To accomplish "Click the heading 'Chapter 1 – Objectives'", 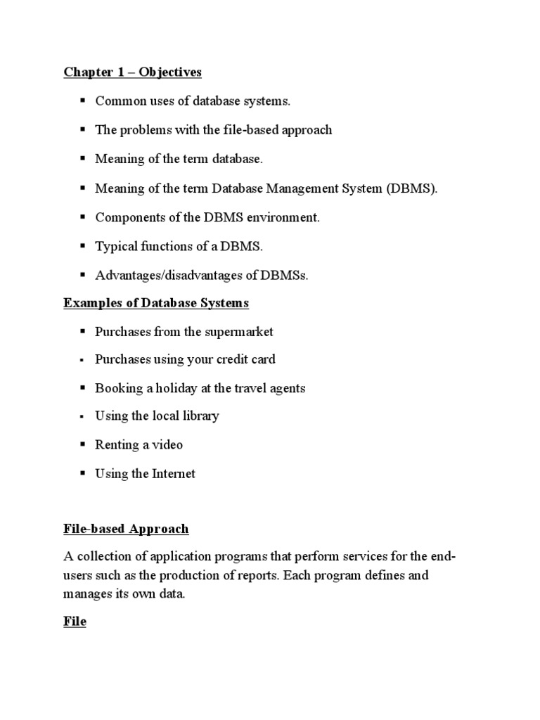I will pos(132,72).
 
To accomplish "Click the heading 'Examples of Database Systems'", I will pos(156,303).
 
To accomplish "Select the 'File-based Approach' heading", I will pos(127,528).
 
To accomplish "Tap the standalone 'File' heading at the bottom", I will pos(75,622).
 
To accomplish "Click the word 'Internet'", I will pos(174,473).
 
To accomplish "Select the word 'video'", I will pos(167,444).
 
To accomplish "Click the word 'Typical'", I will pos(115,246).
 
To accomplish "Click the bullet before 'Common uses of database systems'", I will pos(82,101).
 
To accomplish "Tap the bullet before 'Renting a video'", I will pos(82,444).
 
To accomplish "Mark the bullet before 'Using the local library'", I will pos(82,416).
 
